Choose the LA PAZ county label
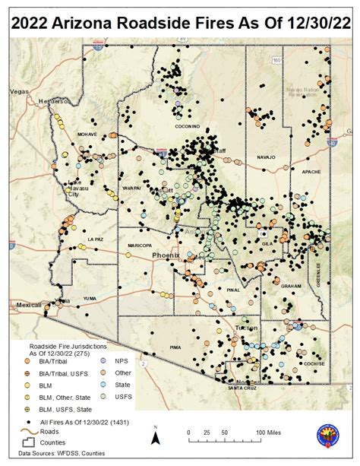click(x=95, y=239)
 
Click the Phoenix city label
click(x=166, y=255)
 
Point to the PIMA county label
click(x=179, y=346)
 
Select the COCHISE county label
click(x=314, y=363)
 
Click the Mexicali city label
click(x=25, y=304)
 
